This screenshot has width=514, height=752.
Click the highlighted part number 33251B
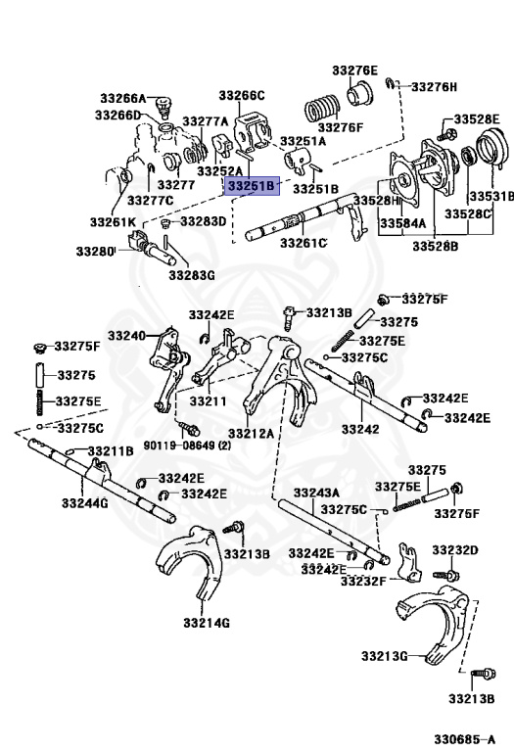(252, 186)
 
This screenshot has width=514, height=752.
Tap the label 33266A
(122, 98)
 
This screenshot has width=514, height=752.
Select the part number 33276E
(354, 70)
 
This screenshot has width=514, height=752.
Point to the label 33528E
(477, 119)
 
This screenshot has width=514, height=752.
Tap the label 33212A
(251, 434)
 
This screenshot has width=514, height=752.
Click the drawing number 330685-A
(465, 739)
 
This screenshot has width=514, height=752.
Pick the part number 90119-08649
(179, 446)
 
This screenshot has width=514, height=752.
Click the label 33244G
(84, 503)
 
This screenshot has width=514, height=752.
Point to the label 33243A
(316, 493)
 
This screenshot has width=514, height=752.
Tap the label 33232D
(455, 550)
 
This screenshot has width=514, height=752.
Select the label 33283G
(191, 275)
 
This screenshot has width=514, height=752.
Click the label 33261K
(113, 222)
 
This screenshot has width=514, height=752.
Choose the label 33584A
(402, 223)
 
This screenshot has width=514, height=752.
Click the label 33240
(126, 336)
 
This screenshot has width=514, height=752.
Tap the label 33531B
(491, 197)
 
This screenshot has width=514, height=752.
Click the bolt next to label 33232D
(446, 574)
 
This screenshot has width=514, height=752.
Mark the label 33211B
(111, 451)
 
